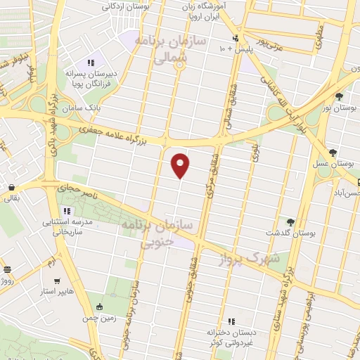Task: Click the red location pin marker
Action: point(181,165)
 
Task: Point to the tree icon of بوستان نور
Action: point(340,96)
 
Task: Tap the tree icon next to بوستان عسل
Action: point(333,153)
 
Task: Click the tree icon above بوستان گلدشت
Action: point(290,222)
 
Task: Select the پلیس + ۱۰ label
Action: point(232,49)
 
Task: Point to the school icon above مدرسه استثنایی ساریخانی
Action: point(67,211)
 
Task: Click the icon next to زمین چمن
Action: point(99,307)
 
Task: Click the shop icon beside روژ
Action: point(7,269)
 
